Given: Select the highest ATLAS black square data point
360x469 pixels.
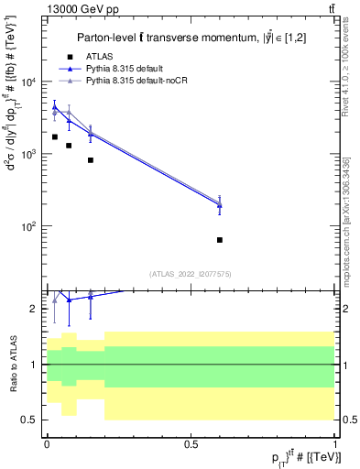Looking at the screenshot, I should tap(55, 136).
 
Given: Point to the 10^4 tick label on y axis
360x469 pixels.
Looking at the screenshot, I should tap(29, 82).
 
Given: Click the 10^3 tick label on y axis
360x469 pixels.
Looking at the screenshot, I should tap(29, 154).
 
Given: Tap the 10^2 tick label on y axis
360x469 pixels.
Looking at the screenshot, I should tap(29, 226).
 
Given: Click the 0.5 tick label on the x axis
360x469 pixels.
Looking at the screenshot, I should tap(191, 443).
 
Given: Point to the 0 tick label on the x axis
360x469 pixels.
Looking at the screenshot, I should tap(46, 443).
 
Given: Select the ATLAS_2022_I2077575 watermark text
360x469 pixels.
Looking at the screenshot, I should tap(191, 273).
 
